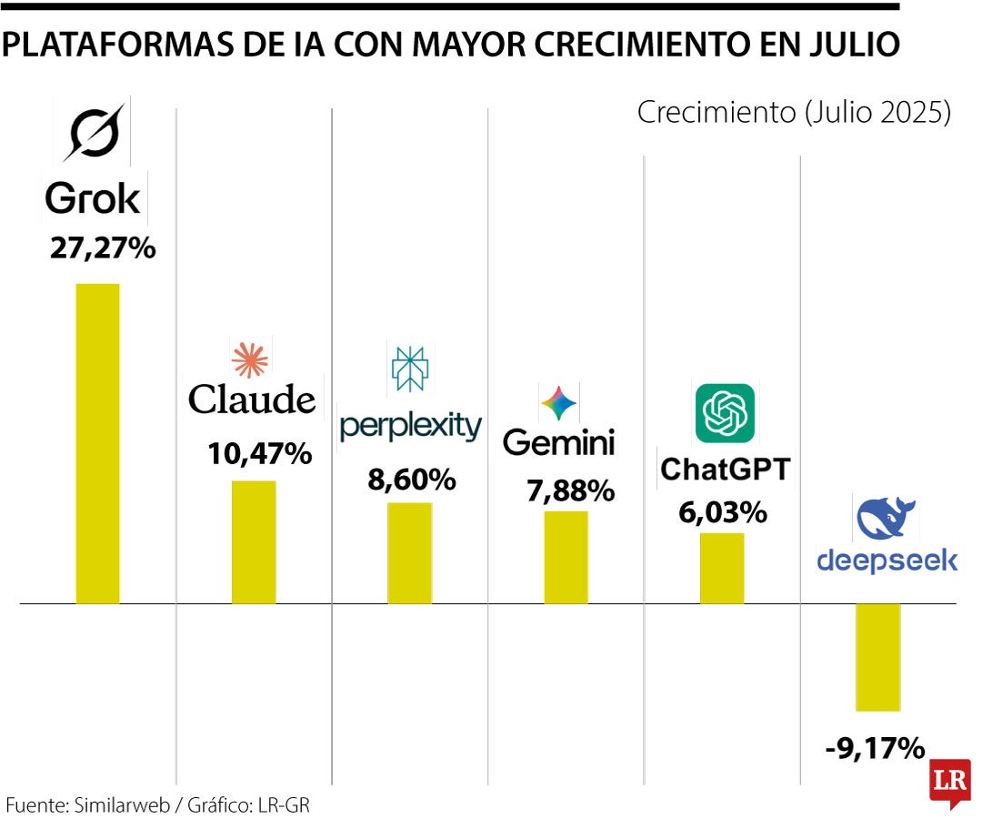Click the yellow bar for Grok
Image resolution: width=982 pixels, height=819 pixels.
click(97, 443)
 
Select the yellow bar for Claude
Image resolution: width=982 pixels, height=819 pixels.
click(254, 541)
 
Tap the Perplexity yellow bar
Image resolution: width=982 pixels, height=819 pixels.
click(409, 552)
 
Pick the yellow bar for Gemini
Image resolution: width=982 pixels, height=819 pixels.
click(566, 557)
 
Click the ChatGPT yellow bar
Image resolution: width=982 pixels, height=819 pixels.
click(722, 568)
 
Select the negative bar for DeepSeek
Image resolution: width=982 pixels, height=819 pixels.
click(877, 657)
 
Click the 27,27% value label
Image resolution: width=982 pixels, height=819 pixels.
click(103, 248)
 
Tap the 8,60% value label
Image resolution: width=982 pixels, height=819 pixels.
click(411, 480)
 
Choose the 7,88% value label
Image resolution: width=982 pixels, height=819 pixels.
click(570, 490)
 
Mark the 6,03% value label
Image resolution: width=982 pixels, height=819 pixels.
click(723, 512)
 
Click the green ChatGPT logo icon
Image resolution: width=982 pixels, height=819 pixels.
click(725, 412)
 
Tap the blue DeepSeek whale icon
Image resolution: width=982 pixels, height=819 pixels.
click(887, 519)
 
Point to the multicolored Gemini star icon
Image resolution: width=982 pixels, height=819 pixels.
click(558, 403)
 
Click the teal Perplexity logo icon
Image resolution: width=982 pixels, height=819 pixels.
click(409, 369)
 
